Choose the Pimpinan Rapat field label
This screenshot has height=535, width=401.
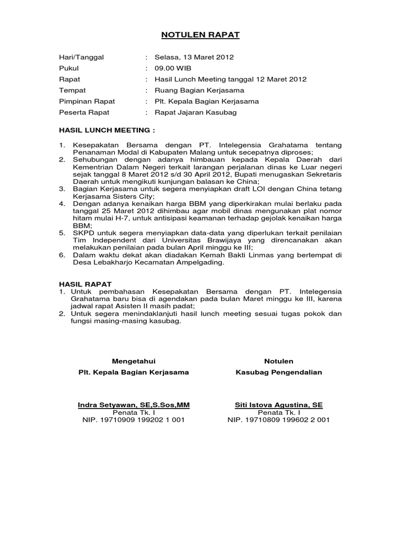(87, 101)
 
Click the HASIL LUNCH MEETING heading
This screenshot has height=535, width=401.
(107, 129)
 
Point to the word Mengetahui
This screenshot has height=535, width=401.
(134, 361)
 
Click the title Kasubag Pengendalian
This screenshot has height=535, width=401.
(279, 372)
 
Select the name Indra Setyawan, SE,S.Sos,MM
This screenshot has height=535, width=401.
(134, 404)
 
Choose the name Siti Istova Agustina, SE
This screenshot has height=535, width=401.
(278, 404)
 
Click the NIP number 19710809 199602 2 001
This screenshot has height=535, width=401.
(278, 420)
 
